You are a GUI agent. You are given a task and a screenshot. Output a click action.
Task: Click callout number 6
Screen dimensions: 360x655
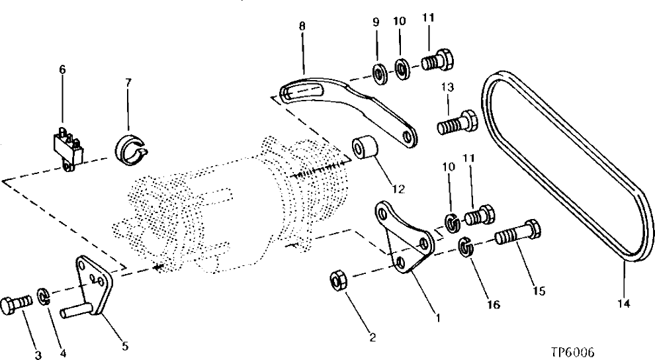point(62,69)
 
